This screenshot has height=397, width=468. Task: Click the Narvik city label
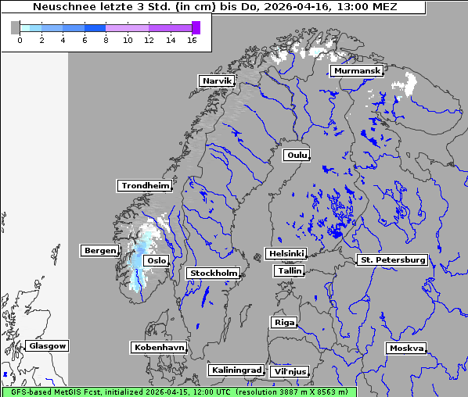[x=217, y=81]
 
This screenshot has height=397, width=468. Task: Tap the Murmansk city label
[x=357, y=71]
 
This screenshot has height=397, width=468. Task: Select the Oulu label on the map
[x=297, y=156]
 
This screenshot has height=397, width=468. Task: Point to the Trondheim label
[x=145, y=186]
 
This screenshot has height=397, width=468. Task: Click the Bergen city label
[x=99, y=251]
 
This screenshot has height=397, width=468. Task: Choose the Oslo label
[x=157, y=261]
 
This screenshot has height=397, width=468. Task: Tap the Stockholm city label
[x=213, y=274]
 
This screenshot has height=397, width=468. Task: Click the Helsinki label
[x=286, y=254]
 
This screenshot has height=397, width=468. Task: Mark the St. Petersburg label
[x=391, y=259]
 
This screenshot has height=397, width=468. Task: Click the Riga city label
[x=283, y=322]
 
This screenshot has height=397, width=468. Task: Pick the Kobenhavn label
[x=159, y=347]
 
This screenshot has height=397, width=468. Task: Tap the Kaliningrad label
[x=236, y=370]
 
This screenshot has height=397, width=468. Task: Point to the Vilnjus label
[x=289, y=372]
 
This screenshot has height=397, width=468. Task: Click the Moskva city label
[x=406, y=349]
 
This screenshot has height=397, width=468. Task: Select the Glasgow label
[x=48, y=346]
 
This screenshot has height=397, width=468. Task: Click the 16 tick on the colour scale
[x=192, y=40]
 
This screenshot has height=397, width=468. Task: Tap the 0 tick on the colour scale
[x=20, y=40]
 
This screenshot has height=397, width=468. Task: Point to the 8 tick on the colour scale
[x=106, y=40]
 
